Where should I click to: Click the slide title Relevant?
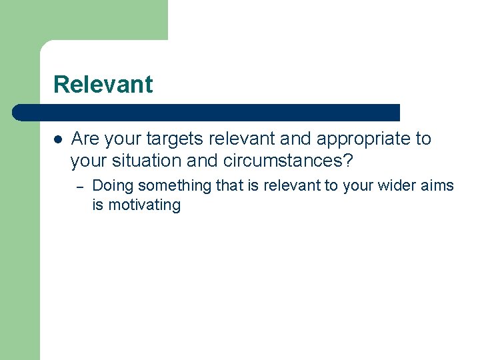103,85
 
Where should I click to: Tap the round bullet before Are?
58,140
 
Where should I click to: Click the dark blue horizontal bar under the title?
207,113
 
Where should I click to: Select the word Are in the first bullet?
83,139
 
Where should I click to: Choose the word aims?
437,185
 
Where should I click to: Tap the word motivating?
144,205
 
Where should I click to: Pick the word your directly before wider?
360,185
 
